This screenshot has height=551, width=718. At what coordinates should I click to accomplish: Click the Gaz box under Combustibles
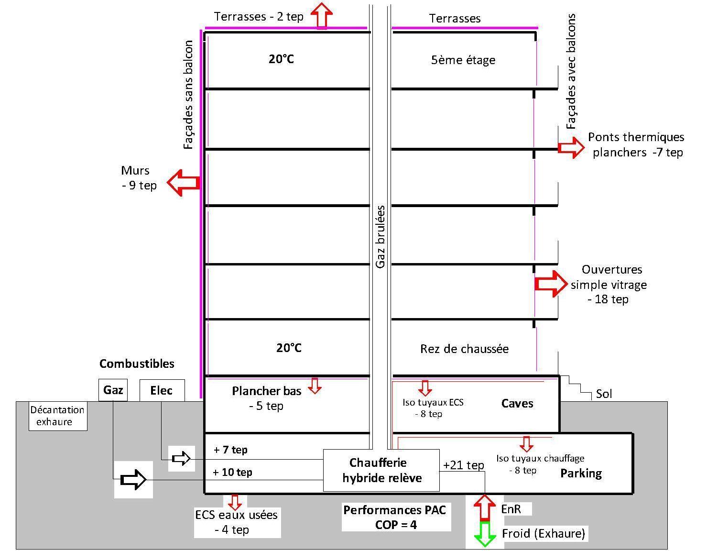click(113, 390)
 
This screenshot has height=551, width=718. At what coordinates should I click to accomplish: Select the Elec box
click(162, 390)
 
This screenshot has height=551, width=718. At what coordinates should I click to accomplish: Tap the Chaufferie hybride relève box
click(381, 470)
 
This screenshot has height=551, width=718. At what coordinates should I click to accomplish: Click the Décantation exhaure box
click(58, 416)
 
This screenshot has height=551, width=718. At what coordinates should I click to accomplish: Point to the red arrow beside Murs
click(184, 182)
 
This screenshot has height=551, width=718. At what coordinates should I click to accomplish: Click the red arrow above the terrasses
click(322, 15)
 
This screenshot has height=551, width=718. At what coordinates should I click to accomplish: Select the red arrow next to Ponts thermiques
click(571, 147)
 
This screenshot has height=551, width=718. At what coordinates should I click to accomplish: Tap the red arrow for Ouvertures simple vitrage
click(551, 284)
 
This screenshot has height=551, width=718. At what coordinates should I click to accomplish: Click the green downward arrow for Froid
click(485, 534)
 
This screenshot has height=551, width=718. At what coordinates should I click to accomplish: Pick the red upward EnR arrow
click(485, 507)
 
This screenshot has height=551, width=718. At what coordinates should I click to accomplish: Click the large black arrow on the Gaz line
click(133, 479)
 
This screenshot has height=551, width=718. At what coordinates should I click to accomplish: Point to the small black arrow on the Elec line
click(181, 459)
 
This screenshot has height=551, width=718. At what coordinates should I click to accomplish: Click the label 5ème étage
click(463, 60)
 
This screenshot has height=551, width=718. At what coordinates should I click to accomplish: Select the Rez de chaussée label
click(464, 349)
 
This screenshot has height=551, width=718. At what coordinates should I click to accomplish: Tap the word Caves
click(517, 403)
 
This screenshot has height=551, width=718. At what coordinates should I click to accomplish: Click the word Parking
click(581, 474)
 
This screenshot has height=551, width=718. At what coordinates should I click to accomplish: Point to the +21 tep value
click(463, 465)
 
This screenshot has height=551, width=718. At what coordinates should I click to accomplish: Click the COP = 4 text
click(396, 525)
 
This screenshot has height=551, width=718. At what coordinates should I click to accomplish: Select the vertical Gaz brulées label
click(381, 237)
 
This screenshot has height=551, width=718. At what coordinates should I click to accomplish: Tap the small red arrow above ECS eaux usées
click(235, 502)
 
